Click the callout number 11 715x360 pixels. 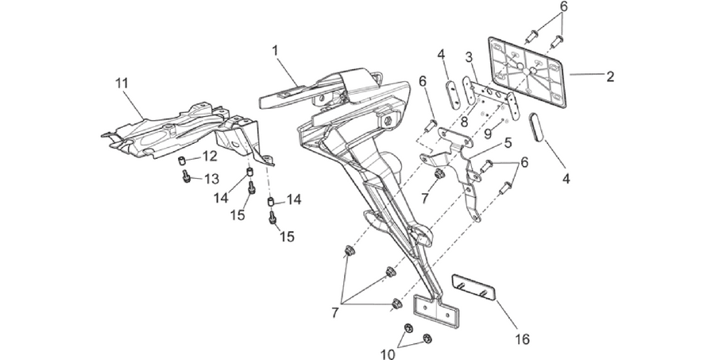pyautogui.click(x=122, y=83)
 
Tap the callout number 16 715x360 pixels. pyautogui.click(x=522, y=339)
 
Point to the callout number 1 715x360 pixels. pyautogui.click(x=275, y=51)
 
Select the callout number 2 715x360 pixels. pyautogui.click(x=610, y=76)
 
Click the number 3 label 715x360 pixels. pyautogui.click(x=470, y=57)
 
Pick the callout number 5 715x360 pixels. pyautogui.click(x=508, y=143)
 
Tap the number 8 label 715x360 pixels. pyautogui.click(x=464, y=122)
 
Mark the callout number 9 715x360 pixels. pyautogui.click(x=488, y=134)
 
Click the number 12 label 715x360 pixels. pyautogui.click(x=211, y=157)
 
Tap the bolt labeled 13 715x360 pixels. pyautogui.click(x=187, y=176)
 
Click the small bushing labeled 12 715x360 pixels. pyautogui.click(x=181, y=161)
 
